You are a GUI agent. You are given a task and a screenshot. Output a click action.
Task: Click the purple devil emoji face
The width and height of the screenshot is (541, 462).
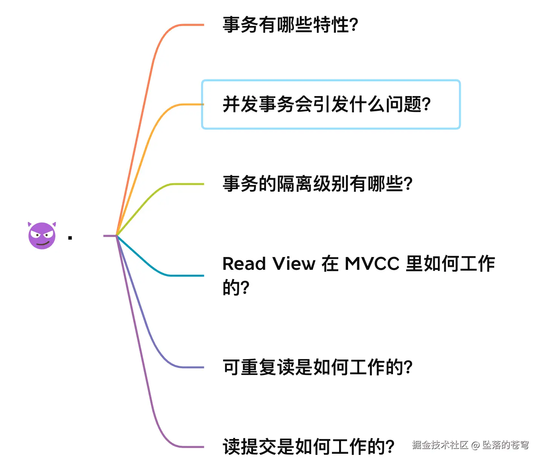(x=42, y=236)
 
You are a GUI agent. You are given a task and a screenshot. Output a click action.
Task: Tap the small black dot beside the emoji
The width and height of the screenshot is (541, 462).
(x=70, y=238)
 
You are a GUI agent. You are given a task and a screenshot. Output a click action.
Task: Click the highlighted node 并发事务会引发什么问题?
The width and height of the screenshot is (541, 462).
(x=326, y=104)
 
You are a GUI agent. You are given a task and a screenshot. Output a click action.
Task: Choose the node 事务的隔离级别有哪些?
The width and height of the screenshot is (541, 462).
(x=317, y=184)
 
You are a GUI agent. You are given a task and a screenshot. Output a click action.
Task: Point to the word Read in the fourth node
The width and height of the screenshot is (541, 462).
(x=244, y=264)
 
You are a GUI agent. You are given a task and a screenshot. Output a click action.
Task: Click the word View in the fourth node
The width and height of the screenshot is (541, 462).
(x=294, y=264)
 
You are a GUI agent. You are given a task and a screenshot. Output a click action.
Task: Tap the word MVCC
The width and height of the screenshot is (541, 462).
(x=372, y=264)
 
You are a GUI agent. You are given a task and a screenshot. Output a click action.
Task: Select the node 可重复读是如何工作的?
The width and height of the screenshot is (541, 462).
(x=317, y=367)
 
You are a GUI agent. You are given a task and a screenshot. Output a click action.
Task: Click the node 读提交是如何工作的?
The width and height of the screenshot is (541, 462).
(x=308, y=447)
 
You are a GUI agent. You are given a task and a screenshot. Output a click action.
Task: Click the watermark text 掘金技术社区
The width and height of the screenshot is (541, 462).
(x=440, y=445)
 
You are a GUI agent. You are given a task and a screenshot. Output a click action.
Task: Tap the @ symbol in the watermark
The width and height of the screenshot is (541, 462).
(x=475, y=445)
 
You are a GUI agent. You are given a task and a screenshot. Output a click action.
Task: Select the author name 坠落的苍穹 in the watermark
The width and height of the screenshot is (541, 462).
(x=505, y=445)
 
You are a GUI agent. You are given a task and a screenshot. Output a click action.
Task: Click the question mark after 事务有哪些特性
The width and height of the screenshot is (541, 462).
(x=354, y=25)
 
